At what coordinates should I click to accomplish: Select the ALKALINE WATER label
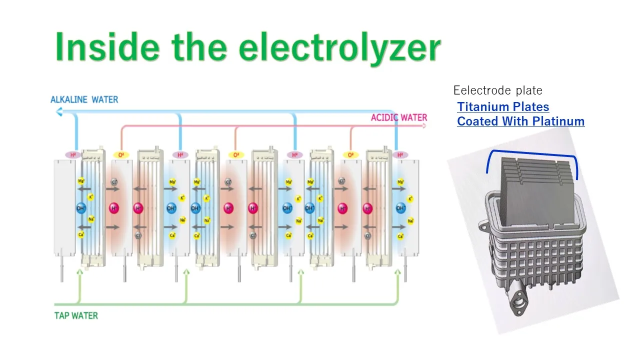point(84,99)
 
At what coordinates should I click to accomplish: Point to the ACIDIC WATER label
point(398,118)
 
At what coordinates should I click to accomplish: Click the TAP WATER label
point(76,315)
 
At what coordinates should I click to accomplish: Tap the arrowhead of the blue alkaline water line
point(58,113)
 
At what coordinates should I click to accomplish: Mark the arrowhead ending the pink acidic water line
point(424,125)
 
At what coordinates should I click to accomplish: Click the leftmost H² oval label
point(73,155)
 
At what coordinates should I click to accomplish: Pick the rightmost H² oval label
point(400,155)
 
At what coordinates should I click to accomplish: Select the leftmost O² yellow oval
point(120,155)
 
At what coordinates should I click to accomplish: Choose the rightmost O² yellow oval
point(351,155)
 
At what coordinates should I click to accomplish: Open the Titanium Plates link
point(503,107)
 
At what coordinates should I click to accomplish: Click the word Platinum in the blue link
point(558,121)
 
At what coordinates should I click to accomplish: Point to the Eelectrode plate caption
point(497,90)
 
